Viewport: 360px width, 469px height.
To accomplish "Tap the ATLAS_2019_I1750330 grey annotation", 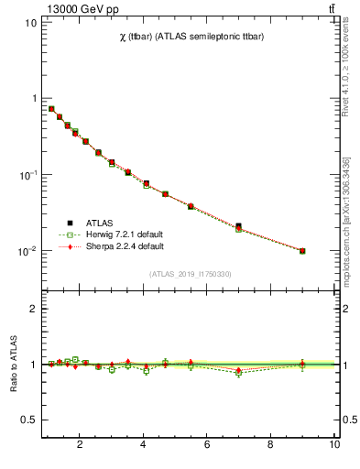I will (191, 274).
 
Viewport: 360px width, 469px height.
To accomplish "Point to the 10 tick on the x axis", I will (333, 445).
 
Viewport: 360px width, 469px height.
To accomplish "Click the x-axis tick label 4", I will (143, 445).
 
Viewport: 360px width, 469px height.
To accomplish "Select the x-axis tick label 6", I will (207, 445).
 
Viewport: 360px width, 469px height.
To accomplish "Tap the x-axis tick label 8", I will (270, 445).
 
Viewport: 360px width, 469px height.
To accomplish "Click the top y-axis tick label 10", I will (30, 22).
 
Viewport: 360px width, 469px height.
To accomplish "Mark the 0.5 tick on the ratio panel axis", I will (29, 420).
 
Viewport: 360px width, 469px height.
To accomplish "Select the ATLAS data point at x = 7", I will (238, 225).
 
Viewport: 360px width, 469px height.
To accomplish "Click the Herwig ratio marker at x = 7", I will (238, 373).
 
